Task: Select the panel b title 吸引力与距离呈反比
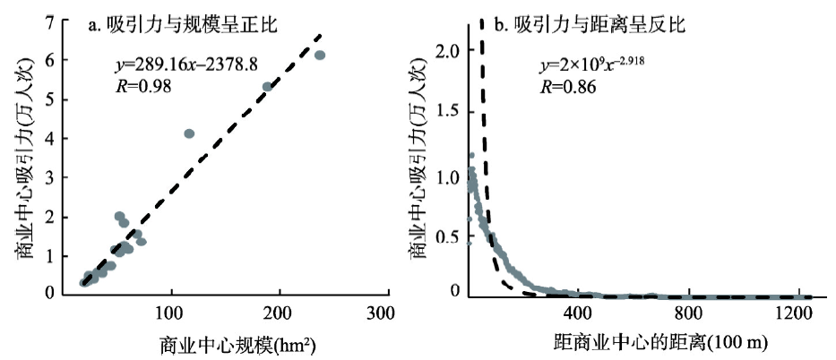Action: pos(599,24)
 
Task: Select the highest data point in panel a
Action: pos(320,56)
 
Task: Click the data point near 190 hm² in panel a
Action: pos(267,87)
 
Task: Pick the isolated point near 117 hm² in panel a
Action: pos(189,133)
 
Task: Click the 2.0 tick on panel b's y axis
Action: pos(450,52)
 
